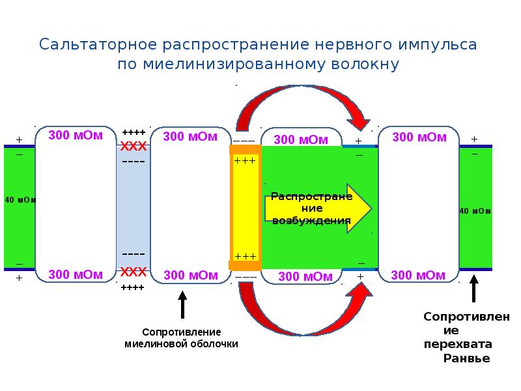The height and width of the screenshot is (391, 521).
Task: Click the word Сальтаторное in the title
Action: click(98, 45)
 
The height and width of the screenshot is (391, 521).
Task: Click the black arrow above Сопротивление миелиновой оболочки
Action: click(182, 305)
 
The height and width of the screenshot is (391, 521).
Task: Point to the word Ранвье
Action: click(466, 358)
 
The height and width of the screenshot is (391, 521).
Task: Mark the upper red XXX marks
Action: click(133, 145)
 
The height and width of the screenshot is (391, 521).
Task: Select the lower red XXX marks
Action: click(133, 271)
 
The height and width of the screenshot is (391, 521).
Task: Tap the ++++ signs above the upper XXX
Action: click(133, 132)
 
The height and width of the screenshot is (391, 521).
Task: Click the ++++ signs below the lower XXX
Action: click(133, 287)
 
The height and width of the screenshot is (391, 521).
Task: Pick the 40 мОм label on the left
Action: click(20, 200)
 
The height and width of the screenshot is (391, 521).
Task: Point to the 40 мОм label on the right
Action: click(475, 211)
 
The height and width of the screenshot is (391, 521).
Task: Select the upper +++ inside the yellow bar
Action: click(245, 160)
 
